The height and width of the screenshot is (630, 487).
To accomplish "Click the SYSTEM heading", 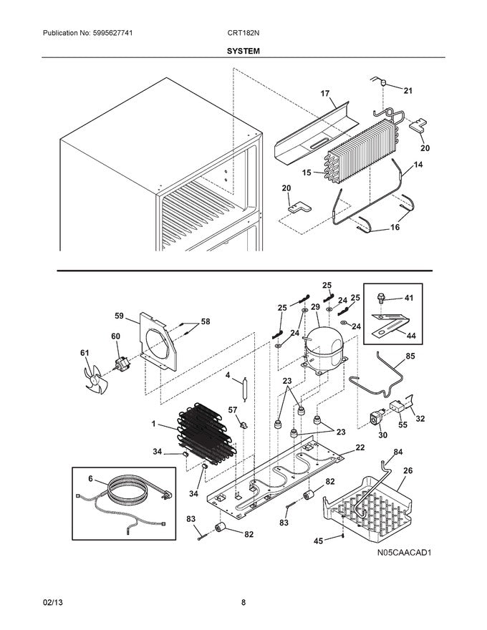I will [x=243, y=52].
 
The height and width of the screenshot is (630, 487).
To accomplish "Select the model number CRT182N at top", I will [x=243, y=34].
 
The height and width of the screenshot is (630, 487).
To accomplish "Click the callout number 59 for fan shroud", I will [x=119, y=315].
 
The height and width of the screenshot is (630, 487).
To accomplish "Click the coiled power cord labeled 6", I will [x=129, y=498].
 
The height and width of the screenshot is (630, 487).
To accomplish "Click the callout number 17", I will [x=324, y=94].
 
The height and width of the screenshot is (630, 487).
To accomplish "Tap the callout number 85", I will [x=410, y=356].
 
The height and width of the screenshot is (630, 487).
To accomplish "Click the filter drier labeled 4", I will [x=245, y=389].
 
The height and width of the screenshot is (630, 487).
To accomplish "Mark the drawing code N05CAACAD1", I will [x=409, y=553].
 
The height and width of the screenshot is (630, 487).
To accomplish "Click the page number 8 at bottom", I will [x=243, y=603].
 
